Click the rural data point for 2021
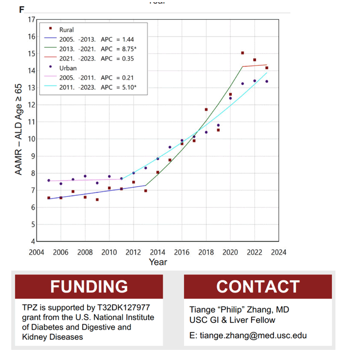(243, 53)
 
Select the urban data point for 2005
(48, 181)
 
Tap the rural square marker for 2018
(206, 110)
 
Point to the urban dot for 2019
(218, 125)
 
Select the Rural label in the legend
(66, 30)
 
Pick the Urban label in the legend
(68, 68)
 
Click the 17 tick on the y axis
(32, 20)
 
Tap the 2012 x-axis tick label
(133, 252)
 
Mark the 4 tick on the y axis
(33, 241)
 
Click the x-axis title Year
(158, 262)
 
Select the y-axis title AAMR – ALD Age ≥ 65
(18, 129)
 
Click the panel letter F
(21, 10)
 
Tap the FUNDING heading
(89, 286)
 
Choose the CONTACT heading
(258, 286)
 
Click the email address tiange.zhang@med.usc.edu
(253, 335)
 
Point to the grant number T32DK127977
(123, 308)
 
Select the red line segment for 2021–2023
(254, 66)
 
